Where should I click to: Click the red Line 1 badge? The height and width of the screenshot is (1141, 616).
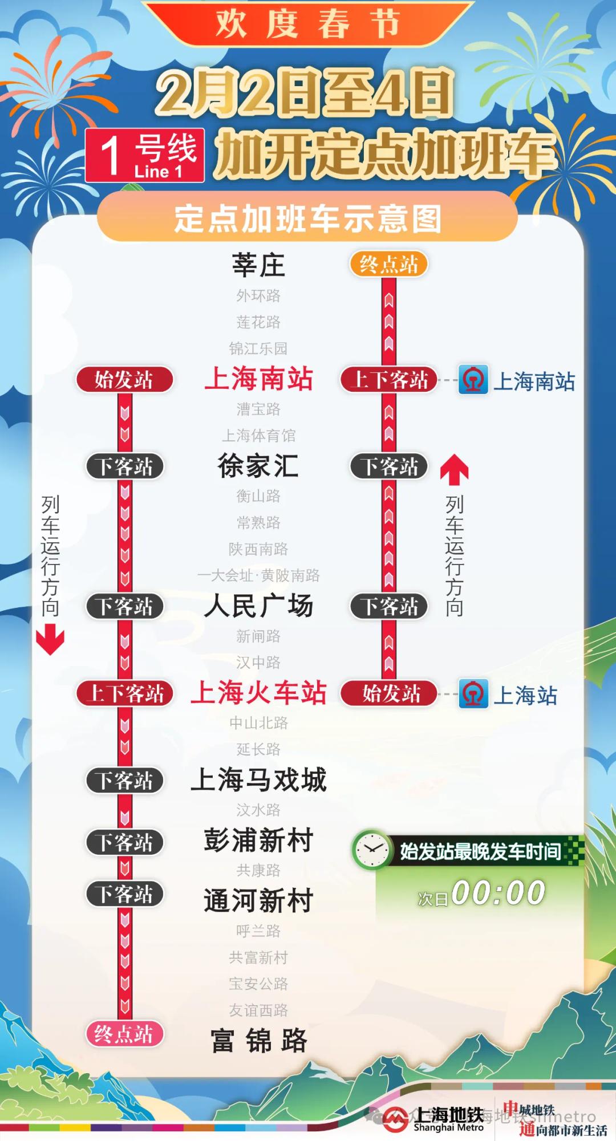[x=145, y=156]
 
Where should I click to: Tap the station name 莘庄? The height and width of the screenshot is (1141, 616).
[x=258, y=265]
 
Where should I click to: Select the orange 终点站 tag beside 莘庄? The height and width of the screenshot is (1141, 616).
[x=389, y=265]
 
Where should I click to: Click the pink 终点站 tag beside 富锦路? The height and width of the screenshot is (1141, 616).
[x=124, y=1034]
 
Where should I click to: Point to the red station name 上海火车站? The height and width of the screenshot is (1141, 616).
[x=258, y=693]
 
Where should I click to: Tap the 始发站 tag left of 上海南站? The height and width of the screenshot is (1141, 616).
[x=124, y=380]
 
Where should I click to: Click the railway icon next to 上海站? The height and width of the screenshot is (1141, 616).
[x=473, y=694]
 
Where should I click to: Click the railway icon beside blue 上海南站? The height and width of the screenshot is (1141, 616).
[x=473, y=380]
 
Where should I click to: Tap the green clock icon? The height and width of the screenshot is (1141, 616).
[x=371, y=850]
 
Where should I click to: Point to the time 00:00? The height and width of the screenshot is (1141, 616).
[x=498, y=893]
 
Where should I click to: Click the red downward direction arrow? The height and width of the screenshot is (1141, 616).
[x=50, y=639]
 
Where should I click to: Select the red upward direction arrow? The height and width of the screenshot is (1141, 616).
[x=455, y=468]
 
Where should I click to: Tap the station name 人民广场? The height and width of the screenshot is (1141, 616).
[x=258, y=606]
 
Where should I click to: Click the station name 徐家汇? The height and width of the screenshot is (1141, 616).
[x=258, y=466]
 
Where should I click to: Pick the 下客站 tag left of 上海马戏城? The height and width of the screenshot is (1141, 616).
[x=124, y=781]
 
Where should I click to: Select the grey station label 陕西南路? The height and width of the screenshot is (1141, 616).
[x=258, y=549]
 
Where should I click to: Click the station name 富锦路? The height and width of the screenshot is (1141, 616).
[x=258, y=1041]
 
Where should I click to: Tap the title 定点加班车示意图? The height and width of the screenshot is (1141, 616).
[x=307, y=219]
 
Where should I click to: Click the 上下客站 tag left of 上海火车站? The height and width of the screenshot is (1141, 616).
[x=124, y=694]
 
